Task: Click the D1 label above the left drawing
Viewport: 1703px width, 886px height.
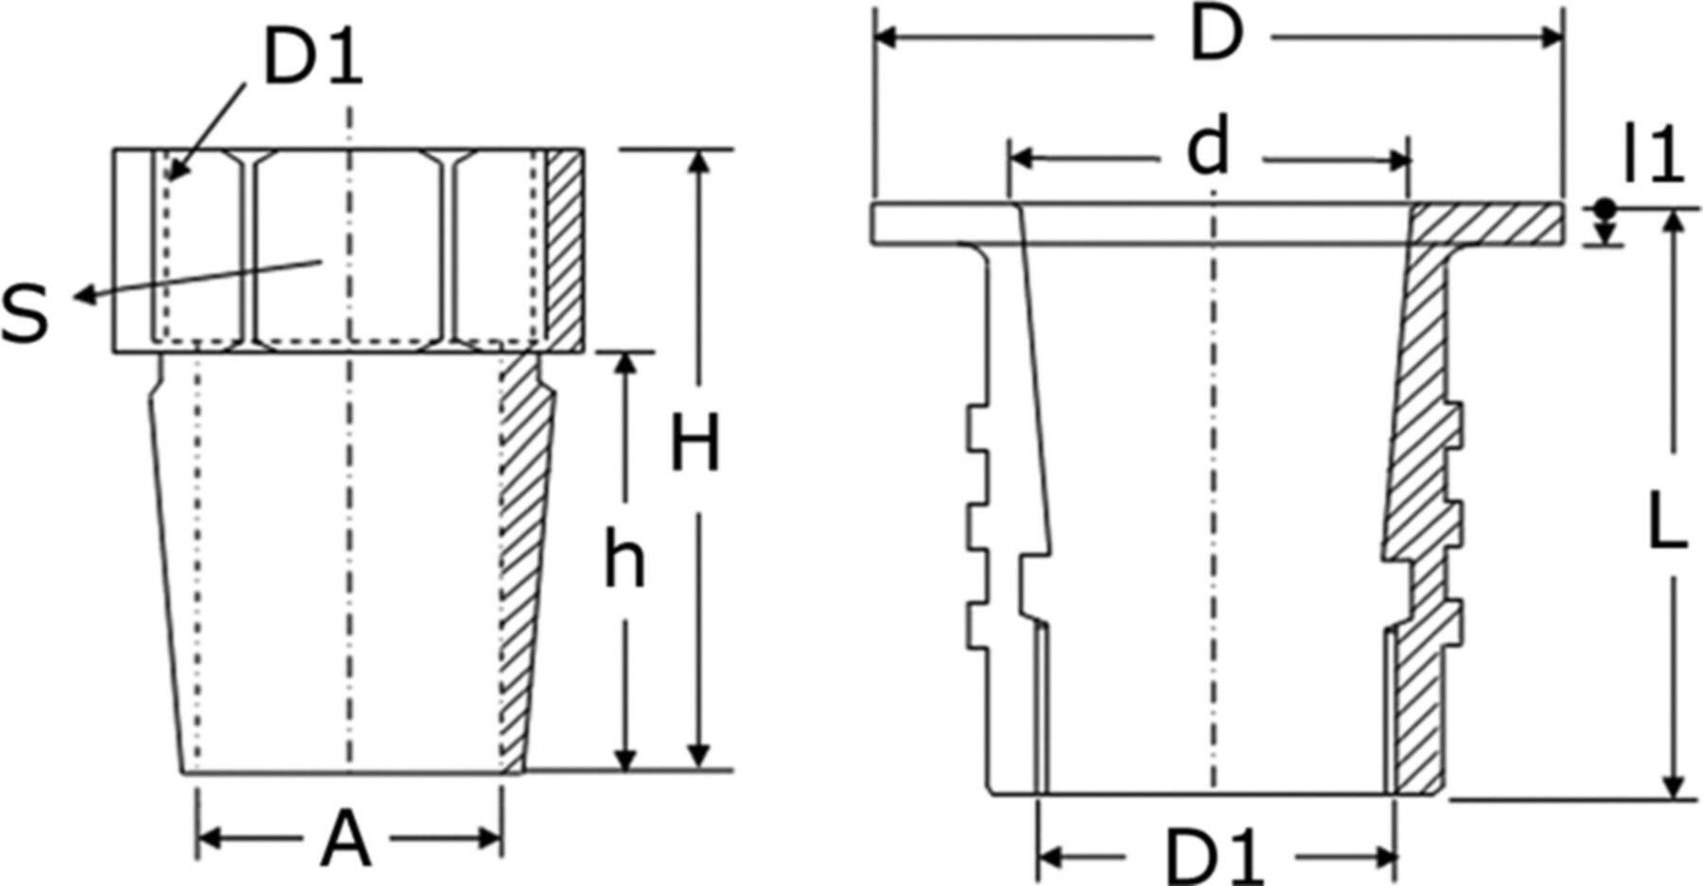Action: coord(311,59)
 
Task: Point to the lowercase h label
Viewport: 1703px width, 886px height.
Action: coord(625,560)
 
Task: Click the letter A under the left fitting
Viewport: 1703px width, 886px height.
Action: coord(345,840)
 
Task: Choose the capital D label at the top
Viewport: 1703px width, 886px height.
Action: coord(1214,38)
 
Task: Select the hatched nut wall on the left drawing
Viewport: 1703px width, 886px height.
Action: coord(565,252)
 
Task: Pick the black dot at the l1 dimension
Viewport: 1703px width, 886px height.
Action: coord(1605,207)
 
